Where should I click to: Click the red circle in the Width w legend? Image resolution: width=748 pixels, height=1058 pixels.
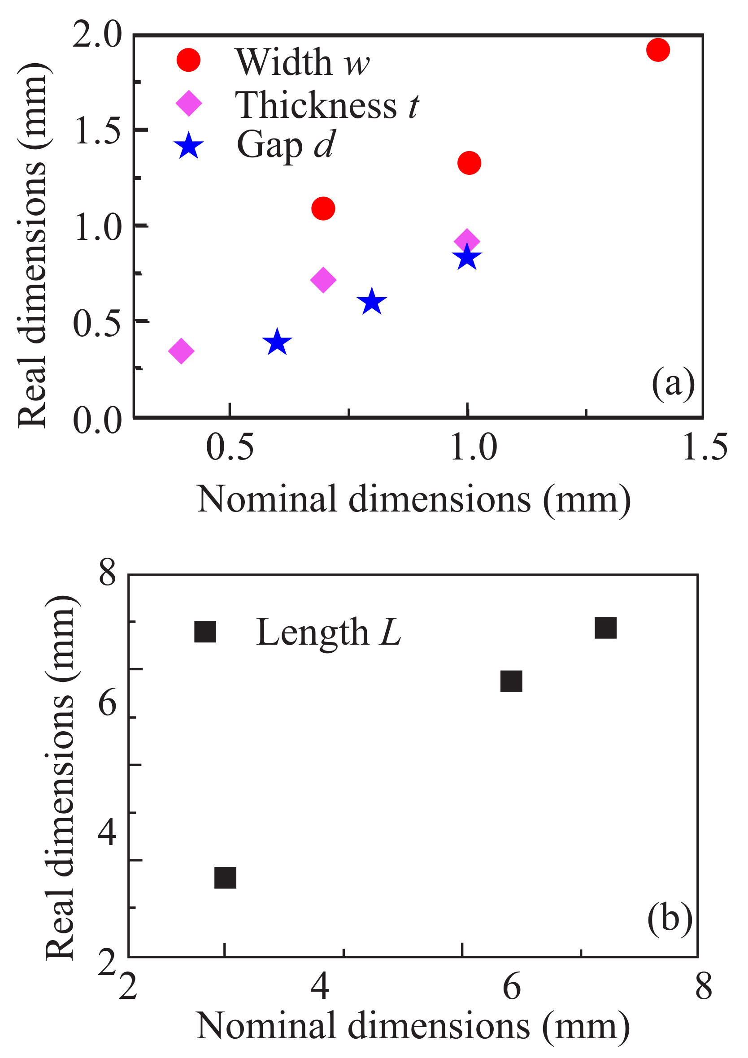point(188,60)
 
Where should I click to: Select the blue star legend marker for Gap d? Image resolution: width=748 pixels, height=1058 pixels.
point(188,146)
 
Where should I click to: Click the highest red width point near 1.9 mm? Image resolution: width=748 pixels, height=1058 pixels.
point(658,50)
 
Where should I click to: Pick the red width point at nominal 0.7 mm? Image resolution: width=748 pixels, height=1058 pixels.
point(323,208)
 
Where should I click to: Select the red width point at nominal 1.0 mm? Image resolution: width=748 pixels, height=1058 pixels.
point(469,163)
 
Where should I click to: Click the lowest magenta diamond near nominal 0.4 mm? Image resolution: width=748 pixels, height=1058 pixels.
point(181,351)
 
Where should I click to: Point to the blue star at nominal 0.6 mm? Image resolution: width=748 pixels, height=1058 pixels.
point(277,343)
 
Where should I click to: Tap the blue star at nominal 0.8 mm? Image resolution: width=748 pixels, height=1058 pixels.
point(371,302)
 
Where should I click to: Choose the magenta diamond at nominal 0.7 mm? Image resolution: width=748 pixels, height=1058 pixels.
point(323,280)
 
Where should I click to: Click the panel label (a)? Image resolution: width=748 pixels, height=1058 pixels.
point(673,382)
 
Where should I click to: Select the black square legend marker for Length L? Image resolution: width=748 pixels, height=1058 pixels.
point(205,632)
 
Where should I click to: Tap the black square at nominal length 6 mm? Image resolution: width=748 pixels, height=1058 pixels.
point(511,681)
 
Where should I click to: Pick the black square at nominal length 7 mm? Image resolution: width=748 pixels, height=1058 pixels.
point(605,628)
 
